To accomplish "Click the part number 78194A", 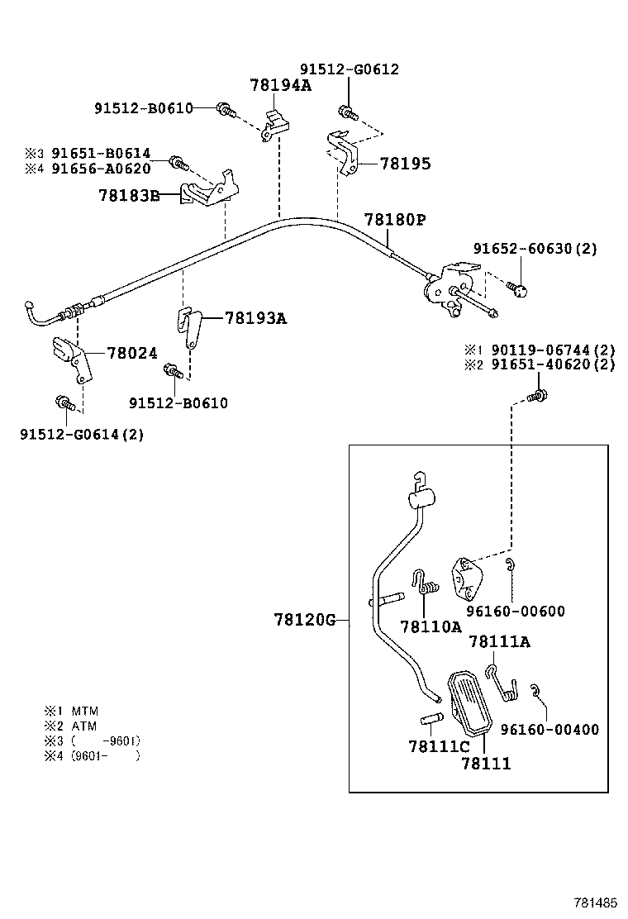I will (x=280, y=85).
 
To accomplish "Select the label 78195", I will (x=405, y=164).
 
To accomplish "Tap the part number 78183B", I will (x=128, y=196).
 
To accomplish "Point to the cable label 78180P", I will (x=395, y=220).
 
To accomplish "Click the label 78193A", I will (x=255, y=318).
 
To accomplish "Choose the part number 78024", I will (x=131, y=353).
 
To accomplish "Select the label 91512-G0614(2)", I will (x=82, y=434).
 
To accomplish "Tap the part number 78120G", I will (x=305, y=619).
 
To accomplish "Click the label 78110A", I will (x=431, y=626).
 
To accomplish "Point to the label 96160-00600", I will (x=515, y=612).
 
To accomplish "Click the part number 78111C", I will (x=439, y=746).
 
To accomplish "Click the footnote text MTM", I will (x=85, y=711).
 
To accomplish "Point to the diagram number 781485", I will (x=596, y=902).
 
